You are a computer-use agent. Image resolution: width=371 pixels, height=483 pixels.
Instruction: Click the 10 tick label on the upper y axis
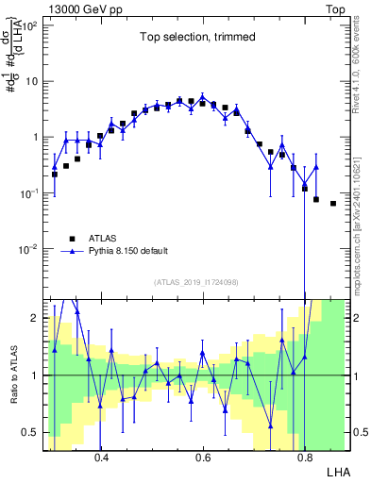tap(30, 81)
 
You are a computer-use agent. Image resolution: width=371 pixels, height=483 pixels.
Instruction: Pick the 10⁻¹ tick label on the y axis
tap(28, 193)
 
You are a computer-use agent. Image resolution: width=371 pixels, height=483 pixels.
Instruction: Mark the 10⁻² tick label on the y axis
tap(28, 250)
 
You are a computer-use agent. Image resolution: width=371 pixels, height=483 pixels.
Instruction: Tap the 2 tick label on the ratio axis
tap(34, 318)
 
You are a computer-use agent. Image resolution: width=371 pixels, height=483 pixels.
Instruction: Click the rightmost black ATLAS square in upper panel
tap(332, 203)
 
